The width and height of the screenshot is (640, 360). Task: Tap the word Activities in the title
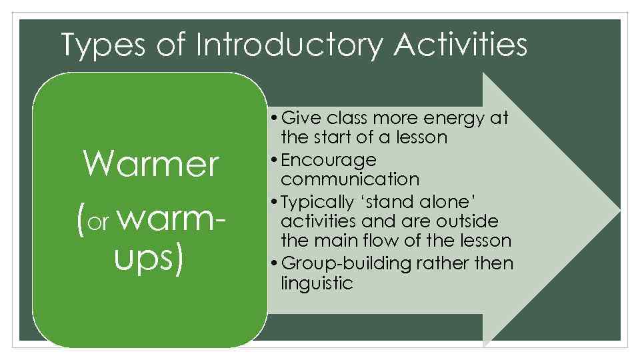tap(460, 46)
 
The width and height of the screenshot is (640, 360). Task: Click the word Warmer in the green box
tap(151, 164)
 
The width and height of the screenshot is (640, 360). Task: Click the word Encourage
tap(329, 161)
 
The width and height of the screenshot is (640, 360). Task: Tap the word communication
tap(350, 179)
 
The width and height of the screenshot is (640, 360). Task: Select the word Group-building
tap(347, 263)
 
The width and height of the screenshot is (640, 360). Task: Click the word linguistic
tap(317, 283)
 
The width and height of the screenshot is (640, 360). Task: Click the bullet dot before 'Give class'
tap(276, 119)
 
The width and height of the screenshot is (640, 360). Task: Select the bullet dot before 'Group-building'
tap(276, 264)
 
